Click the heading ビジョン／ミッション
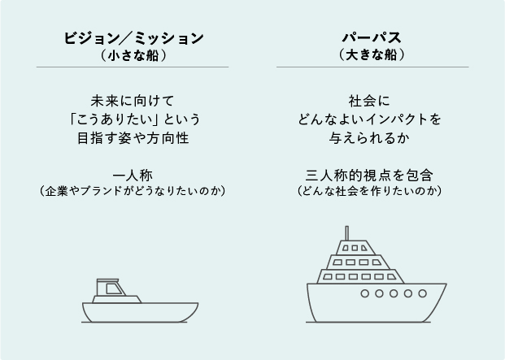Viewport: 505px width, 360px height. (133, 38)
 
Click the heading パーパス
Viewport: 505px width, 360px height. (371, 38)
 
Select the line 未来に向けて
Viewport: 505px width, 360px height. (133, 102)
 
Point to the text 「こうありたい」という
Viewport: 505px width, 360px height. (133, 119)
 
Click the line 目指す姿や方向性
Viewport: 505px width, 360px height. (133, 137)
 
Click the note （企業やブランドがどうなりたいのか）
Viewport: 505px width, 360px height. (133, 191)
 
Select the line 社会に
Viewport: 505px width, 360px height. (371, 102)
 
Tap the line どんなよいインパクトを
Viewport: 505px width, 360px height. (371, 119)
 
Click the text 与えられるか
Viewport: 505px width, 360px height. (371, 137)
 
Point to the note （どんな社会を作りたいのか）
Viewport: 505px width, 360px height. (371, 191)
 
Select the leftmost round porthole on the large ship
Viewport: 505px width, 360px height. (364, 293)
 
